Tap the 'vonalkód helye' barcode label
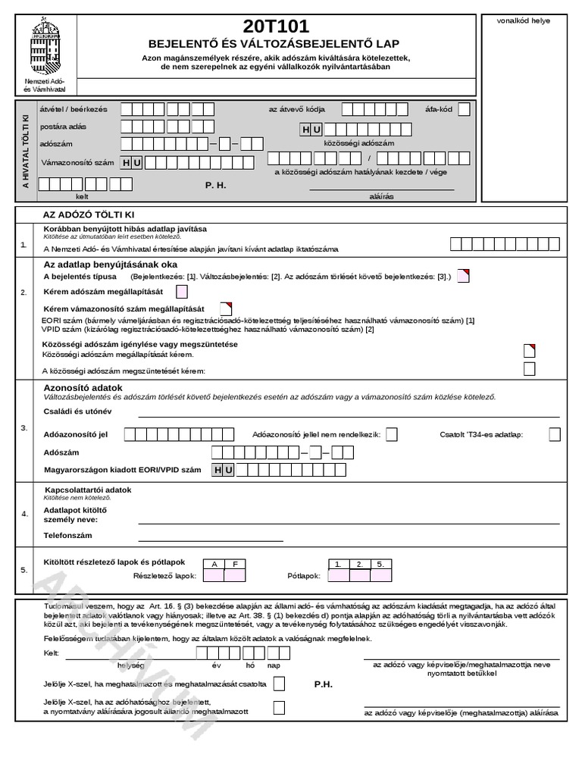524,20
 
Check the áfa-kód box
464,109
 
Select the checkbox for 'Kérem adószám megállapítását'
182,292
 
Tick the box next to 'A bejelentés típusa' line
463,276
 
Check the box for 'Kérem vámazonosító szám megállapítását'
226,308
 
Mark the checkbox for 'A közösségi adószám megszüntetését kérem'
530,369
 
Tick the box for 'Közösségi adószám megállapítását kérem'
530,351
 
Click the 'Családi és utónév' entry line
349,413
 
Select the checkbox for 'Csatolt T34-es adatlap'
555,434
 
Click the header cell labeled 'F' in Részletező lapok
235,565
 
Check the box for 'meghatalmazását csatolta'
279,684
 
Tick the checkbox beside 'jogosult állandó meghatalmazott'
279,708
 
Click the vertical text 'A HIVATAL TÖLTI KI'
26,151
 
